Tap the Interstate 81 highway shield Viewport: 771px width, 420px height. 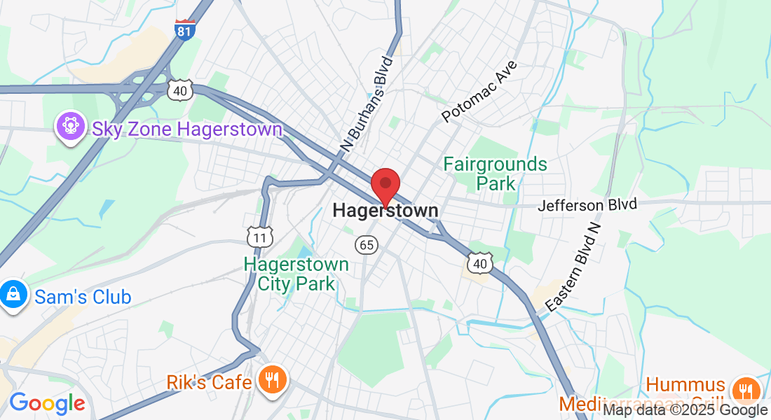point(185,29)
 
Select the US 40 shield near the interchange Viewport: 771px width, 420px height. point(179,89)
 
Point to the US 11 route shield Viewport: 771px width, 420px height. point(259,237)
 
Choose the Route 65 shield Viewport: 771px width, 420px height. point(367,244)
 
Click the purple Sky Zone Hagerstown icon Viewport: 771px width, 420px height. point(71,127)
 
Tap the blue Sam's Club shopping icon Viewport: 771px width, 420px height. point(13,295)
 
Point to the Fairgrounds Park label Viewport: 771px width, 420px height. point(496,174)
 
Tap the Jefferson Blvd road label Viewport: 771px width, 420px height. point(588,205)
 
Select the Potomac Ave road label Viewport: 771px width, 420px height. point(481,91)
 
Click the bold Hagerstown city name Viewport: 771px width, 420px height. point(385,210)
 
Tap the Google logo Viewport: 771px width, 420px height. point(46,402)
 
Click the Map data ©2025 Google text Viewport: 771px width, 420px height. point(685,410)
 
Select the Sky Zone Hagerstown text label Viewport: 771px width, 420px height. point(187,129)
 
